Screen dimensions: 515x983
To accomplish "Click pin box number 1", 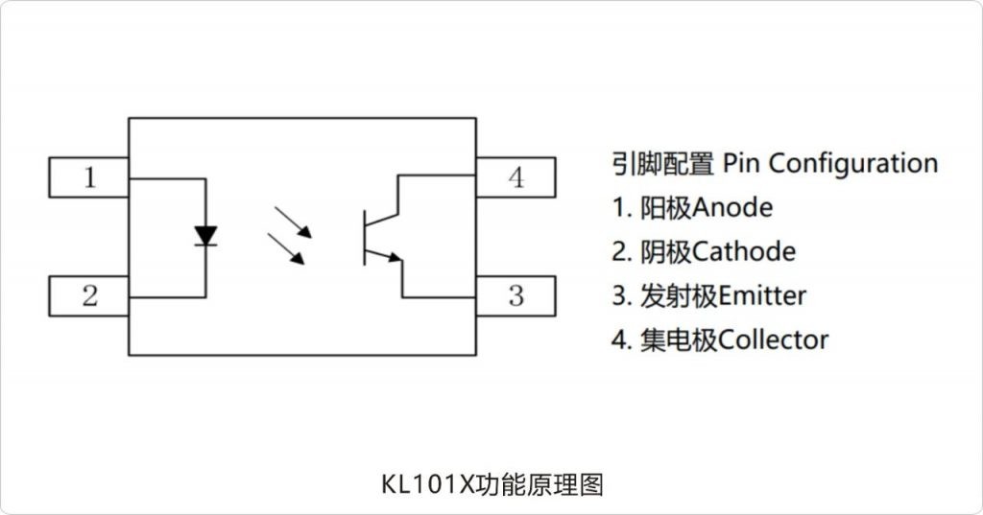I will pyautogui.click(x=89, y=177).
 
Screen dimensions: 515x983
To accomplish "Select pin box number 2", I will pyautogui.click(x=89, y=296).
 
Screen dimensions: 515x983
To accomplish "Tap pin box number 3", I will pyautogui.click(x=515, y=296).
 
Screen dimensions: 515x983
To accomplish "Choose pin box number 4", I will pyautogui.click(x=515, y=177).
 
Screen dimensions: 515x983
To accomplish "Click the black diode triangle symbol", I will pyautogui.click(x=204, y=235).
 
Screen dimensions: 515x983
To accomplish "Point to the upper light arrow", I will pyautogui.click(x=293, y=222).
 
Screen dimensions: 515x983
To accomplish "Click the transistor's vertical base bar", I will pyautogui.click(x=364, y=237).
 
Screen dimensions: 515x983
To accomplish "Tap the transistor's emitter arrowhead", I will pyautogui.click(x=394, y=257).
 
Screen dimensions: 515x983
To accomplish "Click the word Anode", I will pyautogui.click(x=731, y=207).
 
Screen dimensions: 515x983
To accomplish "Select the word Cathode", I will pyautogui.click(x=743, y=252).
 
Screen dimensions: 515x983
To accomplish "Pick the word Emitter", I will pyautogui.click(x=762, y=295).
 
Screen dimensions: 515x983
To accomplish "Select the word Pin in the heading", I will pyautogui.click(x=741, y=163).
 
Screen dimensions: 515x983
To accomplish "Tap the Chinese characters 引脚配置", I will pyautogui.click(x=662, y=163).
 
